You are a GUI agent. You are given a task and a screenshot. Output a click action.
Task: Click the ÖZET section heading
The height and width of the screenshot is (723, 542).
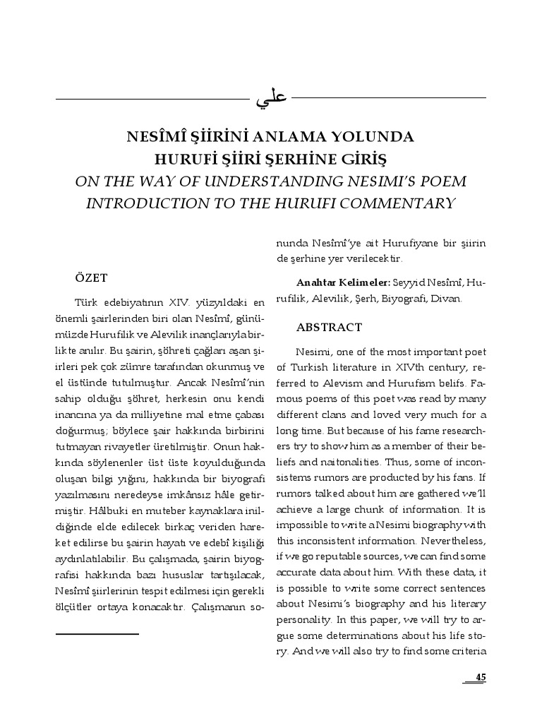[x=91, y=277]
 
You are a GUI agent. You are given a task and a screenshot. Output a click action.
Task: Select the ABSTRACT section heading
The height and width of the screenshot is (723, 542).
[x=329, y=328]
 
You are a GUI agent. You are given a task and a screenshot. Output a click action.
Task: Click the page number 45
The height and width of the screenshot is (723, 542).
[x=481, y=677]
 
